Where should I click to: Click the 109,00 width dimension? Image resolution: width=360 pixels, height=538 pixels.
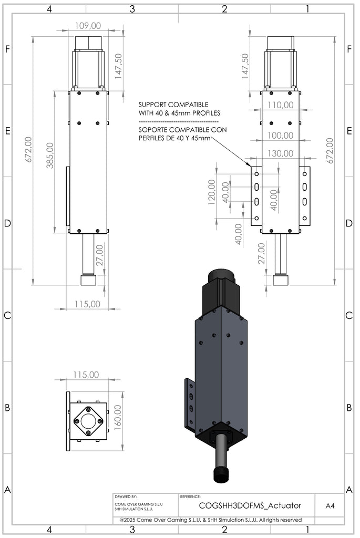coord(88,26)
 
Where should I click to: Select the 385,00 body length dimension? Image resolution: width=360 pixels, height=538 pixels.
coord(50,156)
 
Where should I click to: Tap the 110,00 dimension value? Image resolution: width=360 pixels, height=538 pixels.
coord(281,105)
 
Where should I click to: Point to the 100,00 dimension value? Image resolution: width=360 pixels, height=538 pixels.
coord(281,136)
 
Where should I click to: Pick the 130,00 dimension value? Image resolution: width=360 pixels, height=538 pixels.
coord(281,153)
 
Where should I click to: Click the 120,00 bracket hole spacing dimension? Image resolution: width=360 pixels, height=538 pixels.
coord(211,192)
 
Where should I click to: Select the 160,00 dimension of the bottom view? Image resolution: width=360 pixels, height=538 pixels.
coord(118,417)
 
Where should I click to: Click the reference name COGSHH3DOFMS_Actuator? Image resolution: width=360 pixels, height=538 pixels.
coord(250,505)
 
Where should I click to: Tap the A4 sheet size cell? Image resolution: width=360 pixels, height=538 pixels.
coord(330,506)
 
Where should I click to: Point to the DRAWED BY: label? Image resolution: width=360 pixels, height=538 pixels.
coord(126,496)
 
